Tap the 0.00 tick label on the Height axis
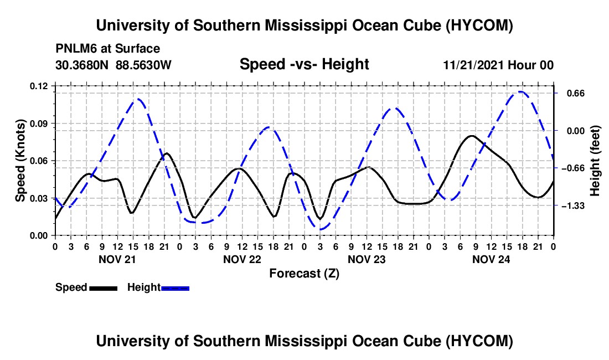click(575, 131)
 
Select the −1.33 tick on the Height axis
click(573, 206)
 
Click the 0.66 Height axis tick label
click(575, 94)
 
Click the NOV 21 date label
click(117, 259)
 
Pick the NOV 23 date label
click(367, 259)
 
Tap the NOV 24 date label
click(491, 259)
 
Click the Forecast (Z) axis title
click(304, 274)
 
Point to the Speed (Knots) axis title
click(20, 161)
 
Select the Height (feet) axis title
click(595, 161)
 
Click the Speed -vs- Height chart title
click(304, 64)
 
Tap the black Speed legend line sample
click(104, 288)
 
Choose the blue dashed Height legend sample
click(175, 288)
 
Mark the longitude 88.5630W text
click(143, 65)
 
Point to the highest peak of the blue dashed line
click(520, 91)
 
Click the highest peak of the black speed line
click(472, 136)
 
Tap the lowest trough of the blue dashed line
click(321, 229)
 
